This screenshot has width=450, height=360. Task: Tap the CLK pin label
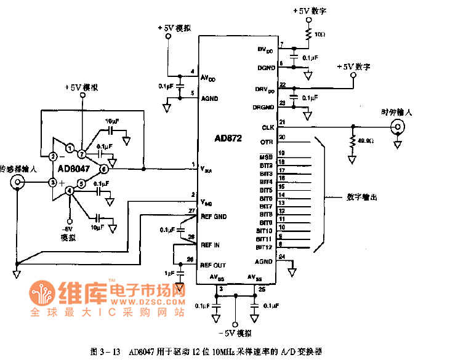[267, 127]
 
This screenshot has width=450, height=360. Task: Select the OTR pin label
[267, 142]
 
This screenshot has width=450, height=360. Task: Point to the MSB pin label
[266, 158]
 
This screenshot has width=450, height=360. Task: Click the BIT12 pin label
[264, 247]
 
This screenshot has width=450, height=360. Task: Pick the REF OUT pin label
[213, 265]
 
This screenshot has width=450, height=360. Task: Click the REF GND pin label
[214, 217]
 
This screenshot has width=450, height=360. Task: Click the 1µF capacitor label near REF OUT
[169, 273]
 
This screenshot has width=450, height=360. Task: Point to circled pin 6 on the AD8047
[104, 169]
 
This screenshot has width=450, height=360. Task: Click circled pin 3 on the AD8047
[53, 182]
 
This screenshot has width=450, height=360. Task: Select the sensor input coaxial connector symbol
[19, 182]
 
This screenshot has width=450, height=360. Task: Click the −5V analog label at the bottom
[234, 333]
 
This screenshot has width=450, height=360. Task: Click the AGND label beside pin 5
[209, 98]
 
